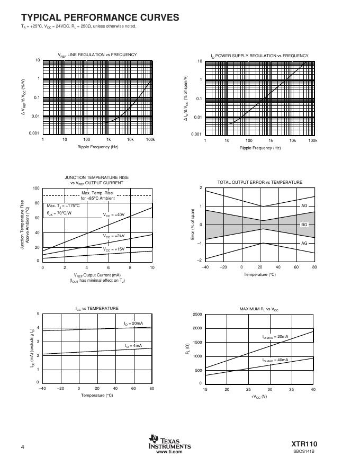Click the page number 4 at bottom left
click(x=23, y=447)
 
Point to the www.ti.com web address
click(x=169, y=452)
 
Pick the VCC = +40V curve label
click(x=114, y=215)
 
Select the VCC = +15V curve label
click(x=114, y=249)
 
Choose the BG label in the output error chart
click(x=304, y=225)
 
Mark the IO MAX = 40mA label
click(x=275, y=360)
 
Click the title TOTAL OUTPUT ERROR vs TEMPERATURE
click(x=260, y=182)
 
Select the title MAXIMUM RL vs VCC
click(x=259, y=308)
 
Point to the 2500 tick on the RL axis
click(x=196, y=315)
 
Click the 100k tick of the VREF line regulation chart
click(x=150, y=140)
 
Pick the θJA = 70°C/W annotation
click(x=62, y=213)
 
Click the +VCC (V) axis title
click(x=259, y=396)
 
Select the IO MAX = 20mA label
click(x=275, y=337)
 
